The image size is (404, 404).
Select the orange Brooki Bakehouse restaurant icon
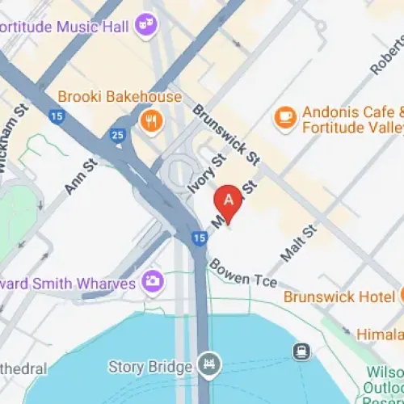click(149, 122)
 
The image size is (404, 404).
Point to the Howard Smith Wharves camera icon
click(151, 282)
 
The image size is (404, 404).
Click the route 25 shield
click(118, 135)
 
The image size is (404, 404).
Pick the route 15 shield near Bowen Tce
click(200, 238)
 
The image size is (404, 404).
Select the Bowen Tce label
click(242, 274)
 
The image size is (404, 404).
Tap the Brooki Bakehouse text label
click(119, 97)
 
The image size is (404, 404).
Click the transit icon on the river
click(301, 351)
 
